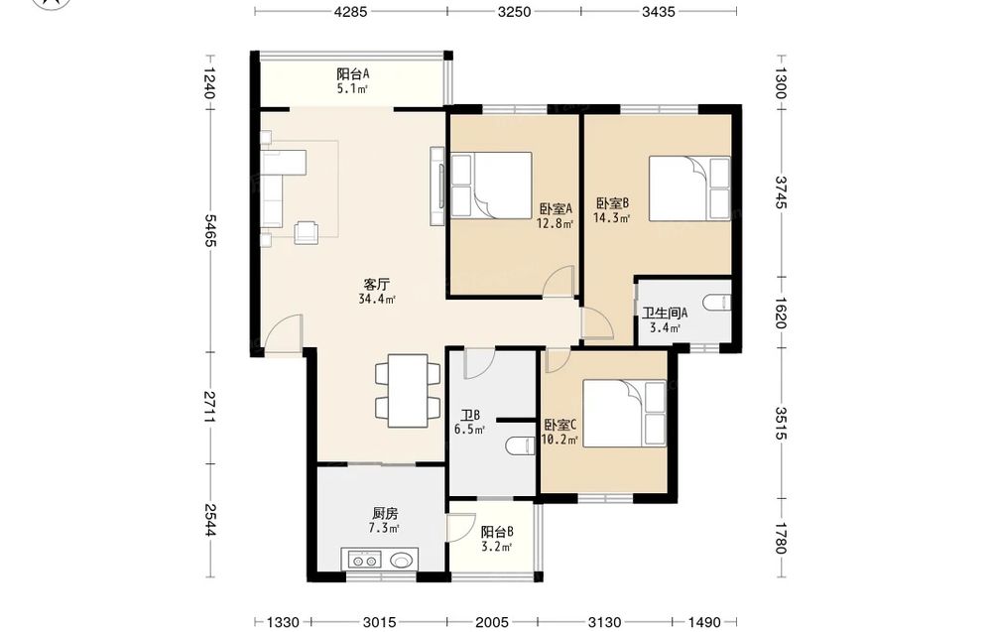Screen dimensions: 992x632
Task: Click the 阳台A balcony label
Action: coord(353,74)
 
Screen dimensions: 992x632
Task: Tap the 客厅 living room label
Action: coord(376,284)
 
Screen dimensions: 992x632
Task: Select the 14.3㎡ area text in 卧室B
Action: coord(611,218)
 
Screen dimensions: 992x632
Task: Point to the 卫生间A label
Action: coord(665,314)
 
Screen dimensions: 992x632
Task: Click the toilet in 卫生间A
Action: coord(717,303)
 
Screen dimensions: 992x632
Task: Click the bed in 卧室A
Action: coord(492,186)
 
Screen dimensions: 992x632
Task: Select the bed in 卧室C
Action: coord(624,413)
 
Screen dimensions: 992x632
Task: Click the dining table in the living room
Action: coord(408,391)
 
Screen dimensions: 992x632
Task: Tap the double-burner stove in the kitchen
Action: coord(365,560)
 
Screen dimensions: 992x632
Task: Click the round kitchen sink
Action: coord(401,560)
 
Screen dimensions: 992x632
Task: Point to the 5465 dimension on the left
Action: coord(211,230)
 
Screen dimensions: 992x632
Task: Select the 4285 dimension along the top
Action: coord(350,11)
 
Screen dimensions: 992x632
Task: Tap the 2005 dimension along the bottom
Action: coord(492,622)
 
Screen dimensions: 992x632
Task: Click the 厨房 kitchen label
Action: coord(385,513)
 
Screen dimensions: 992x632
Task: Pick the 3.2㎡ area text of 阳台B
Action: coord(496,548)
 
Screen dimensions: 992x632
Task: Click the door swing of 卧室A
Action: coord(558,281)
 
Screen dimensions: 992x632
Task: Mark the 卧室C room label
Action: coord(559,425)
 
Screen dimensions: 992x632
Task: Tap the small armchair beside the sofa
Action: coord(308,231)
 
